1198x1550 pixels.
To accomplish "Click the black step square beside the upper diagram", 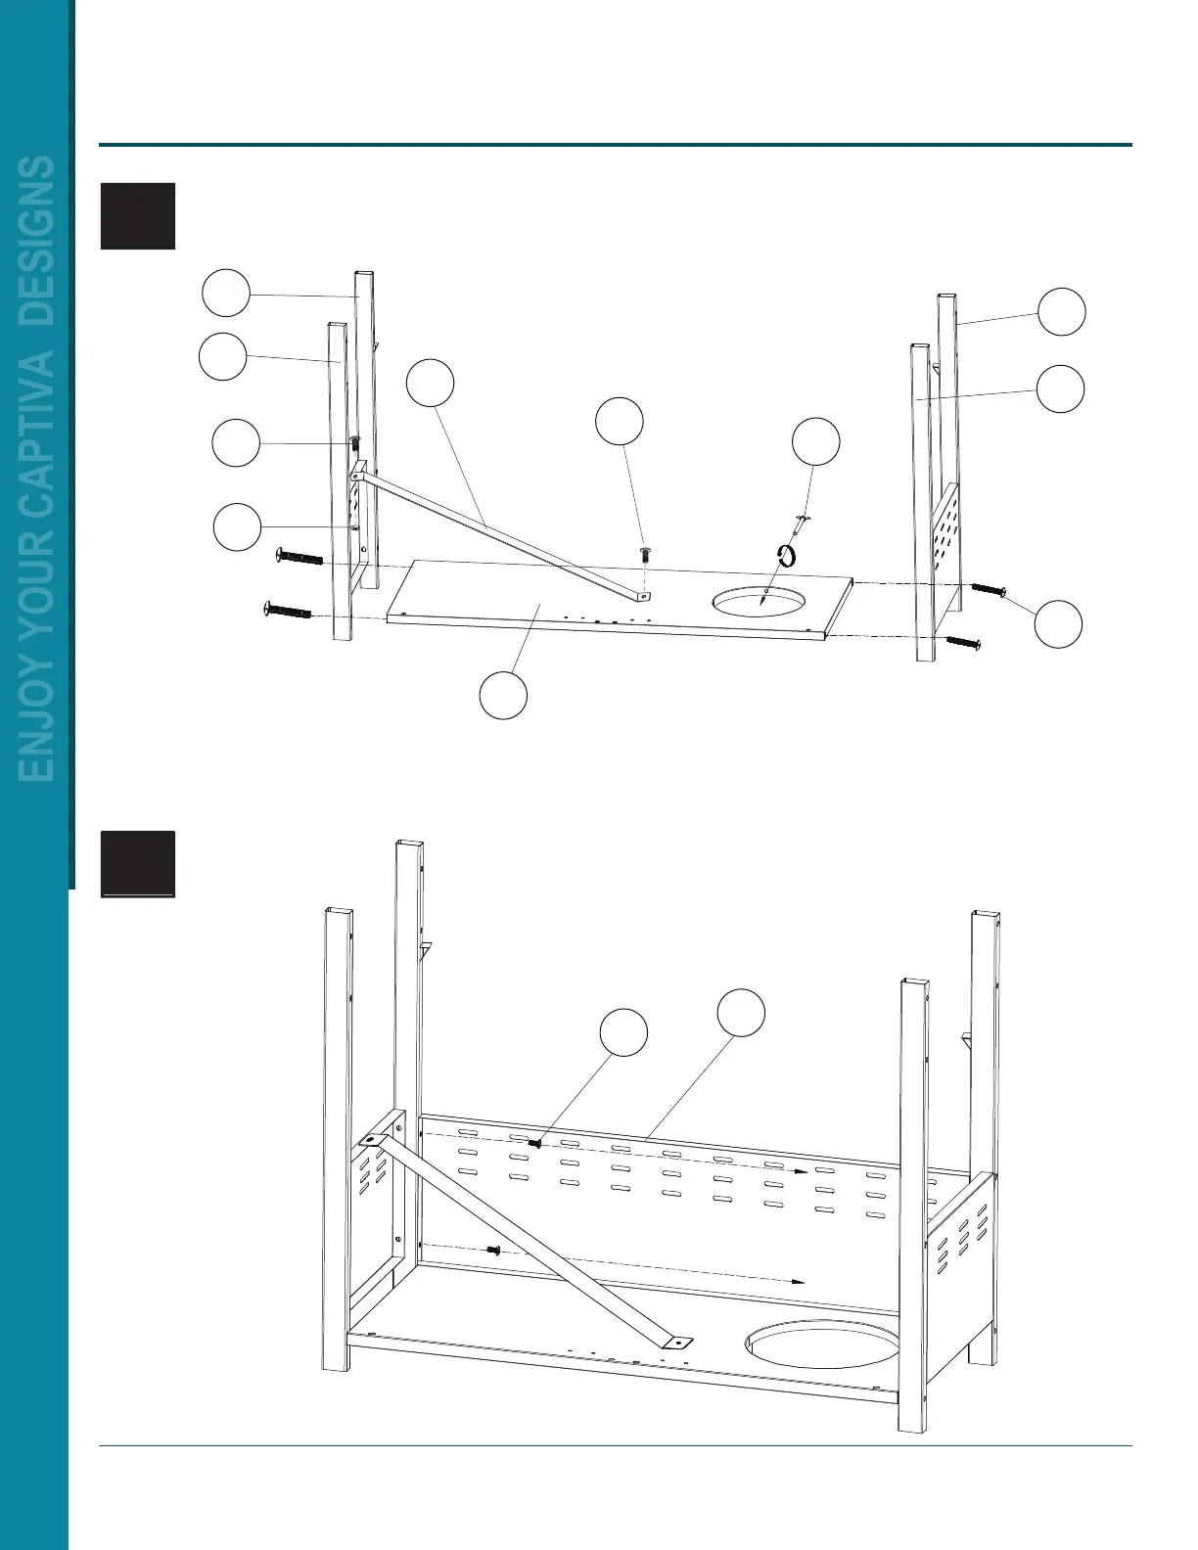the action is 138,215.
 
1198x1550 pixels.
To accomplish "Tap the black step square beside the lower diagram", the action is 138,863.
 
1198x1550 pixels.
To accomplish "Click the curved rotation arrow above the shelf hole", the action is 786,555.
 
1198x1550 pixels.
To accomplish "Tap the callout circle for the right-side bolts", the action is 1059,624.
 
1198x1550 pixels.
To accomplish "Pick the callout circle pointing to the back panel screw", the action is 623,1033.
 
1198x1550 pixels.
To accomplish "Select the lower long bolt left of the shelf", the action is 288,612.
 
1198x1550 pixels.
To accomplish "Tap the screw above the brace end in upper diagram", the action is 645,554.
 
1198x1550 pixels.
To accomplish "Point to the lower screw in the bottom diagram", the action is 493,1250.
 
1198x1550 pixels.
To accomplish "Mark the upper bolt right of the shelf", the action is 989,589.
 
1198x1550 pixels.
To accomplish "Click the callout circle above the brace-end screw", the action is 620,421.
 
